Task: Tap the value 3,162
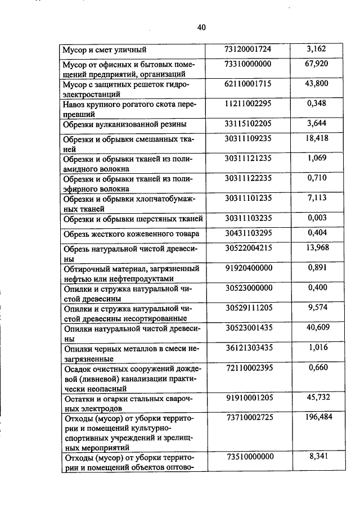[x=317, y=49]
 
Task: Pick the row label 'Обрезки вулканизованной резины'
[x=125, y=124]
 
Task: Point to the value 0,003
[x=317, y=217]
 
